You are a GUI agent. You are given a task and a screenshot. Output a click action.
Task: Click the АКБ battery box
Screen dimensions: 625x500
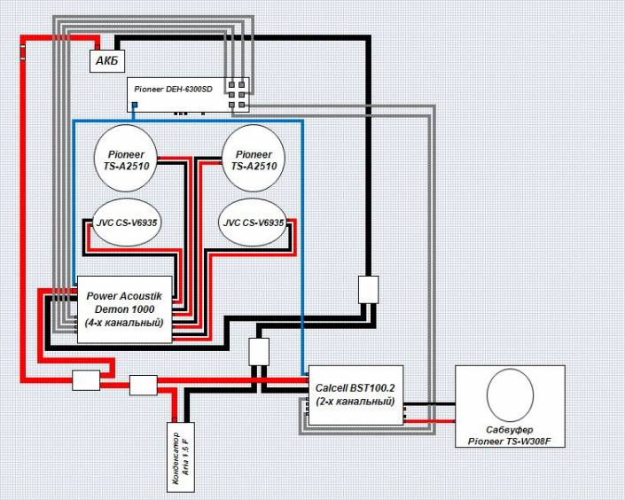point(107,61)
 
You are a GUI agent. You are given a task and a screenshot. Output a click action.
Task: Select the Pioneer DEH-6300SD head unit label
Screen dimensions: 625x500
point(174,90)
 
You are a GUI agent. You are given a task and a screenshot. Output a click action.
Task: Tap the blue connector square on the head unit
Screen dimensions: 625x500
point(135,105)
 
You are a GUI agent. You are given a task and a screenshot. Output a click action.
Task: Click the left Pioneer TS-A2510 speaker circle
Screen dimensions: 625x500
point(126,159)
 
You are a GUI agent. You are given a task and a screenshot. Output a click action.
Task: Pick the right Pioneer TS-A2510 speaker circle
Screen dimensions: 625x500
point(254,159)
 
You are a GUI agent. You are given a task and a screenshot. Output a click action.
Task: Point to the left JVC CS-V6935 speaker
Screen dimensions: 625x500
point(127,223)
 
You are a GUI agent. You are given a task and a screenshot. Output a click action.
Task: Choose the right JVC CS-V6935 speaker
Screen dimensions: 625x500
point(254,223)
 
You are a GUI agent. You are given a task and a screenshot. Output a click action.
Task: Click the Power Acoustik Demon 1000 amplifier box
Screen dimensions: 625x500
point(124,309)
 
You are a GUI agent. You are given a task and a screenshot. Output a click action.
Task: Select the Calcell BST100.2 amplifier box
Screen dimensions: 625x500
point(355,395)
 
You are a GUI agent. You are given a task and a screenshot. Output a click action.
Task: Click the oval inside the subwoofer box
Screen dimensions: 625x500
point(511,395)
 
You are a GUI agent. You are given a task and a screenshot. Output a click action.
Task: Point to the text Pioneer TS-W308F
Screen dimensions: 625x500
point(510,441)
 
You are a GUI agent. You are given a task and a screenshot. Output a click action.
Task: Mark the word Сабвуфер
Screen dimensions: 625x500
point(510,430)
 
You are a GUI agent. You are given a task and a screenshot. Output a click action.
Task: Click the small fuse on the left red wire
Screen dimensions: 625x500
point(23,52)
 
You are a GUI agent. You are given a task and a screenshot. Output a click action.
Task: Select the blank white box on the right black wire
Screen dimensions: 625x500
point(368,290)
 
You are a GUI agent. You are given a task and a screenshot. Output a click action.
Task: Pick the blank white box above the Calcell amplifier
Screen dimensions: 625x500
point(259,352)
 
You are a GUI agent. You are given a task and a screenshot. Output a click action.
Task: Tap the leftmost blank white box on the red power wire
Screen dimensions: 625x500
point(86,380)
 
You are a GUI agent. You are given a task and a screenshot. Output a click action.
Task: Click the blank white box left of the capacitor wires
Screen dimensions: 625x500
point(144,385)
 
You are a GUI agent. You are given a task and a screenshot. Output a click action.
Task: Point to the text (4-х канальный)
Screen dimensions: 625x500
point(124,323)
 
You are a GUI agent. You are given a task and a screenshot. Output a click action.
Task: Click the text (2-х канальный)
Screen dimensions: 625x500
point(355,401)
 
